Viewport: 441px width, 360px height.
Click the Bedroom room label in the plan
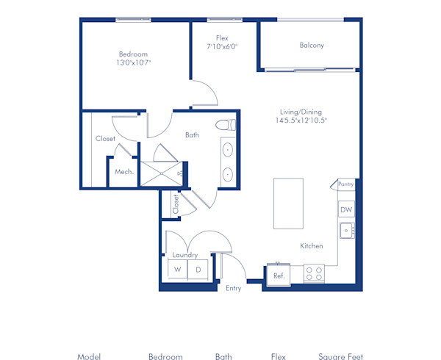pyautogui.click(x=133, y=54)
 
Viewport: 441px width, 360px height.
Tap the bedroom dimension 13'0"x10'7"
pyautogui.click(x=133, y=63)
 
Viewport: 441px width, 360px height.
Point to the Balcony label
pyautogui.click(x=312, y=46)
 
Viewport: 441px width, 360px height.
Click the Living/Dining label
pyautogui.click(x=301, y=111)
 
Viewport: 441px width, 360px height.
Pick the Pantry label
pyautogui.click(x=346, y=184)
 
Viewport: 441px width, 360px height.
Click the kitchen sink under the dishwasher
pyautogui.click(x=346, y=231)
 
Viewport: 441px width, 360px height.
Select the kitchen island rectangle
pyautogui.click(x=288, y=204)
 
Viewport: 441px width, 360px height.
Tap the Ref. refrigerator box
pyautogui.click(x=279, y=275)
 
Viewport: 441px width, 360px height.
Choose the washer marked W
pyautogui.click(x=177, y=270)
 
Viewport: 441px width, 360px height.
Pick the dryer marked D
pyautogui.click(x=197, y=270)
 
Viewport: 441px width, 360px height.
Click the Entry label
pyautogui.click(x=233, y=288)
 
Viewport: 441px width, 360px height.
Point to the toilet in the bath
pyautogui.click(x=227, y=125)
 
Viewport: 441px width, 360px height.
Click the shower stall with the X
pyautogui.click(x=161, y=173)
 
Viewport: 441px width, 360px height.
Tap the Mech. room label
pyautogui.click(x=123, y=172)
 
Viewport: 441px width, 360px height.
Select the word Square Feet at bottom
pyautogui.click(x=340, y=356)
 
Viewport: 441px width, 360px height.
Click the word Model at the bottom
pyautogui.click(x=88, y=356)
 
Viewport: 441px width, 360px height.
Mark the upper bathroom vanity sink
pyautogui.click(x=228, y=150)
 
